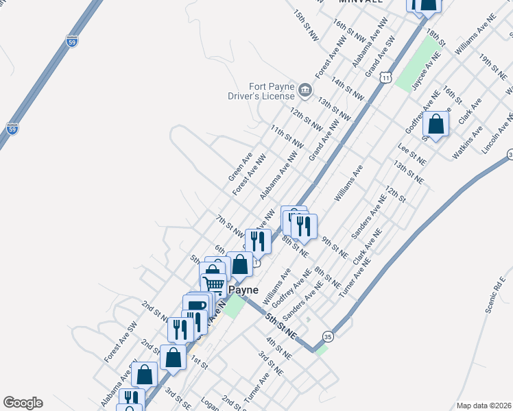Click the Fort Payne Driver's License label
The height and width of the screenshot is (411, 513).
pyautogui.click(x=261, y=92)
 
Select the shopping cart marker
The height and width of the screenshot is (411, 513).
pyautogui.click(x=214, y=284)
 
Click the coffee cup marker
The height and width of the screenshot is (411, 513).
pyautogui.click(x=197, y=305)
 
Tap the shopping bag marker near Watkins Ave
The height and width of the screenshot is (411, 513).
pyautogui.click(x=436, y=124)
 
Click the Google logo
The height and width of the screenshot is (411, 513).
pyautogui.click(x=23, y=403)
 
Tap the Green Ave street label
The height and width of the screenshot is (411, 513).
pyautogui.click(x=241, y=166)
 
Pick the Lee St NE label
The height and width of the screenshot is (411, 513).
pyautogui.click(x=412, y=153)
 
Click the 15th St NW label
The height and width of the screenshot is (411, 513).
pyautogui.click(x=307, y=25)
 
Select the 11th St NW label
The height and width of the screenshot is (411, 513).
pyautogui.click(x=287, y=137)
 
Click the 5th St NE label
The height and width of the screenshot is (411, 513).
pyautogui.click(x=281, y=326)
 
